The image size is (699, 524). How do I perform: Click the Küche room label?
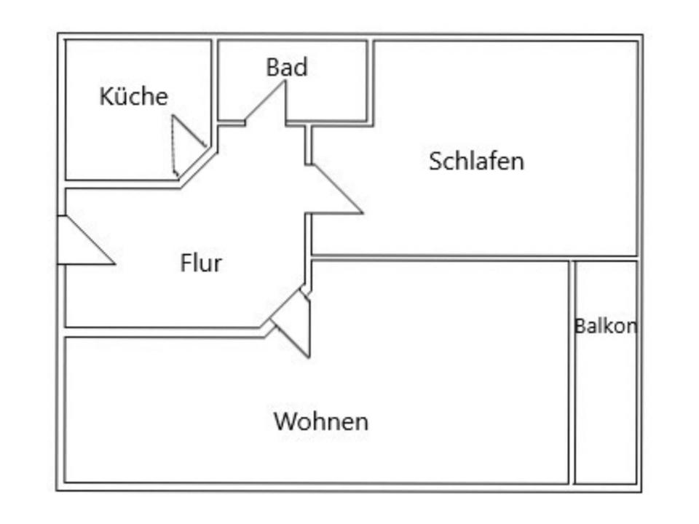134,96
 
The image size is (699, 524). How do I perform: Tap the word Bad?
287,67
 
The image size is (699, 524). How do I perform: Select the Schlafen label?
476,161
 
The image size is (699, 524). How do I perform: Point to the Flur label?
201,263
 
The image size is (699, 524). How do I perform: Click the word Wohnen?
321,421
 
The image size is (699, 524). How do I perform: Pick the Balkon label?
606,326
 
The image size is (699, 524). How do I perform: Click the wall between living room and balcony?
572,372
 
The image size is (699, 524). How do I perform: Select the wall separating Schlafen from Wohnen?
474,258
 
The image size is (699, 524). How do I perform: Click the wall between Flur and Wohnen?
165,333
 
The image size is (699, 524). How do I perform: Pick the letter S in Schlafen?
435,162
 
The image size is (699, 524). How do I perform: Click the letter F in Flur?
186,263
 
